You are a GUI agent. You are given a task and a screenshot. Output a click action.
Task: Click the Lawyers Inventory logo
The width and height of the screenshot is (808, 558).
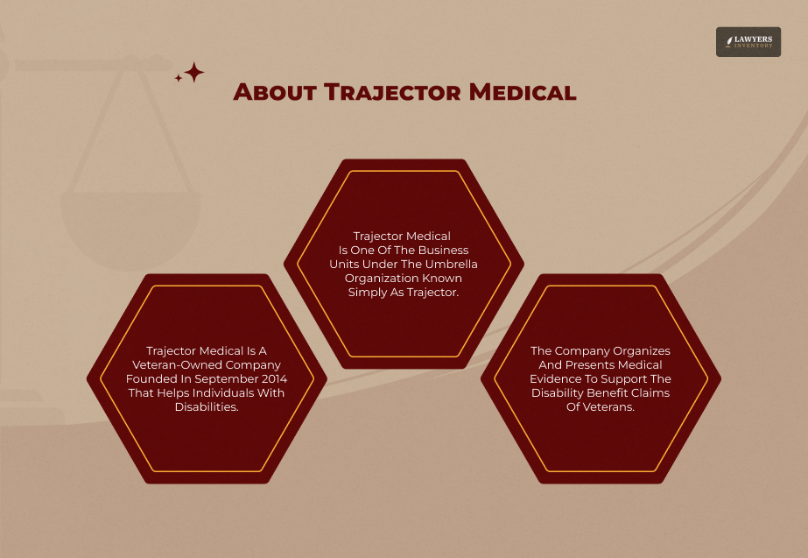748,41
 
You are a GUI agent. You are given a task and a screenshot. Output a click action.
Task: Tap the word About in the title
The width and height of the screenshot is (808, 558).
274,92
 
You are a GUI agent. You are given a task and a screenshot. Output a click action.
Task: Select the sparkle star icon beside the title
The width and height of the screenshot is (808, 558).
192,73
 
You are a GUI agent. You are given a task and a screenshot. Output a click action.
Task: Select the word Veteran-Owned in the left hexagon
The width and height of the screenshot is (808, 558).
174,364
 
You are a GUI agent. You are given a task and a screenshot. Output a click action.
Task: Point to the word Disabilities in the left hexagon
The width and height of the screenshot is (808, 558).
207,406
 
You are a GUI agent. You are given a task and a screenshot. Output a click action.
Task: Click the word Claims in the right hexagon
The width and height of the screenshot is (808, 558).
650,392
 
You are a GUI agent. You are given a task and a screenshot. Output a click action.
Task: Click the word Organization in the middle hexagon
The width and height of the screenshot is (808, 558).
382,278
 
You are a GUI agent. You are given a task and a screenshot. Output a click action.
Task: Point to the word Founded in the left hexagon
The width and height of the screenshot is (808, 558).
150,378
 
